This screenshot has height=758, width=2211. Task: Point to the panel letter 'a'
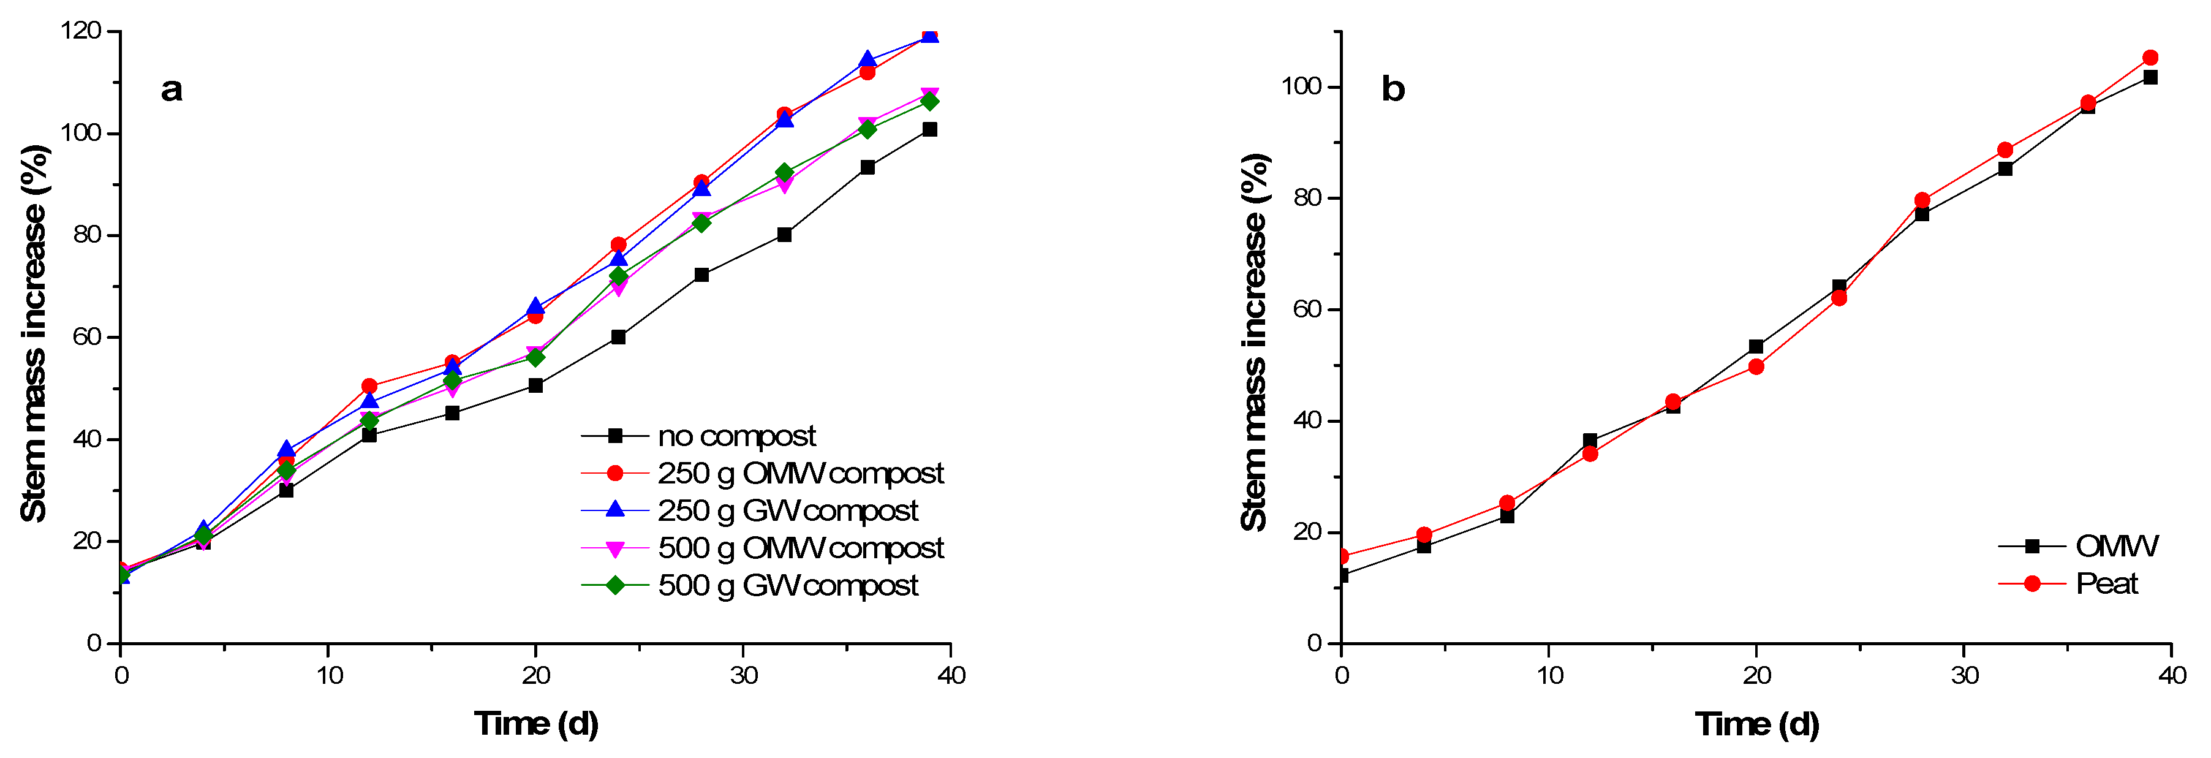click(172, 89)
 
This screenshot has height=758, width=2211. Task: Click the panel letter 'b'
click(1392, 89)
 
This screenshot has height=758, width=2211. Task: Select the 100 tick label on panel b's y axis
click(1301, 86)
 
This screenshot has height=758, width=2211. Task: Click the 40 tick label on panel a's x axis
click(951, 676)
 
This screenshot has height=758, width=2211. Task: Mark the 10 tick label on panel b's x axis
click(1549, 676)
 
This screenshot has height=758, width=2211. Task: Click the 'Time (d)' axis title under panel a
click(537, 724)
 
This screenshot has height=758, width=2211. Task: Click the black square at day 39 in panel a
click(929, 130)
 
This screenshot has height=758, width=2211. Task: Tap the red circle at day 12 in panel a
click(369, 386)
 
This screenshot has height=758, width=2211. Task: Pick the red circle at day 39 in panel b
click(2150, 58)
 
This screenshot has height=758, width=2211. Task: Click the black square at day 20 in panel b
click(1756, 347)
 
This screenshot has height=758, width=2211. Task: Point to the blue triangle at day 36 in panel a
click(867, 60)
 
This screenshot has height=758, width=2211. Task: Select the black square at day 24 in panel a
click(618, 338)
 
